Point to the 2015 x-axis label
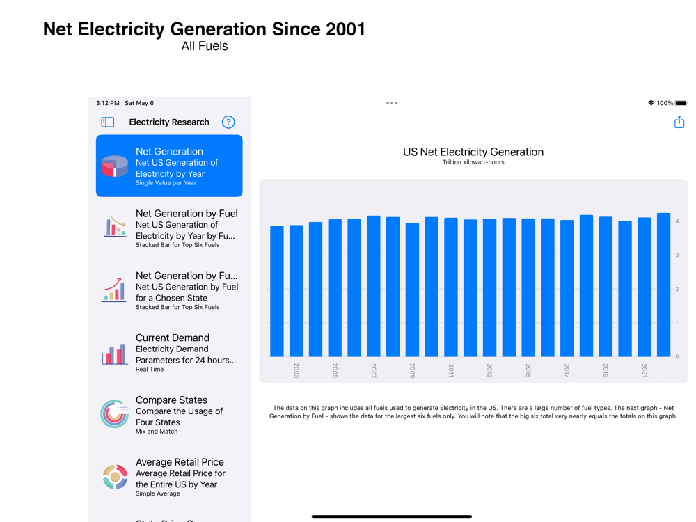pyautogui.click(x=528, y=371)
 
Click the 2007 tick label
pyautogui.click(x=374, y=371)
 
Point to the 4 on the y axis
pyautogui.click(x=677, y=221)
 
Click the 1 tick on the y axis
pyautogui.click(x=677, y=323)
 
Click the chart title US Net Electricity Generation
pyautogui.click(x=473, y=152)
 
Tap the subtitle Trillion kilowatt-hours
pyautogui.click(x=473, y=163)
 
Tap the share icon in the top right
pyautogui.click(x=679, y=122)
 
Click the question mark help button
pyautogui.click(x=228, y=122)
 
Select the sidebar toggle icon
pyautogui.click(x=108, y=122)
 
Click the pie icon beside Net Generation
pyautogui.click(x=115, y=166)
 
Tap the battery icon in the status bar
pyautogui.click(x=681, y=103)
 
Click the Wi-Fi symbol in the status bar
pyautogui.click(x=651, y=103)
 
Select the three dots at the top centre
pyautogui.click(x=392, y=103)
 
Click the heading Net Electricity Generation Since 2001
pyautogui.click(x=204, y=29)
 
